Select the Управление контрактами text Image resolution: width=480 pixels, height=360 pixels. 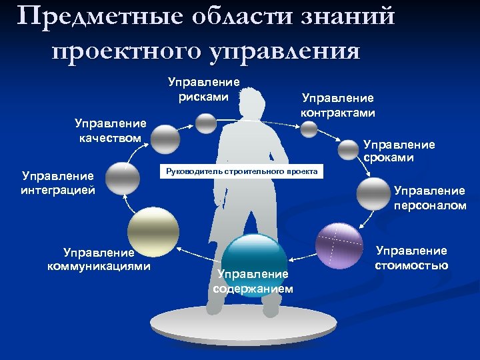[337, 105]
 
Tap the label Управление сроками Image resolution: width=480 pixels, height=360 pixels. [399, 151]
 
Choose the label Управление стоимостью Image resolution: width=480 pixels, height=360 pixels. [411, 257]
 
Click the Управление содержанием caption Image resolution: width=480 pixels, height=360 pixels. [253, 281]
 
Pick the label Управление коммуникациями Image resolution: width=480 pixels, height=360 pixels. [99, 259]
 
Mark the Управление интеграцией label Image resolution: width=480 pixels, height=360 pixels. [58, 183]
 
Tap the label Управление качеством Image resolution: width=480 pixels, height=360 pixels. [111, 131]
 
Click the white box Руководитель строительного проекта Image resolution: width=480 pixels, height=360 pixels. [242, 172]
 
